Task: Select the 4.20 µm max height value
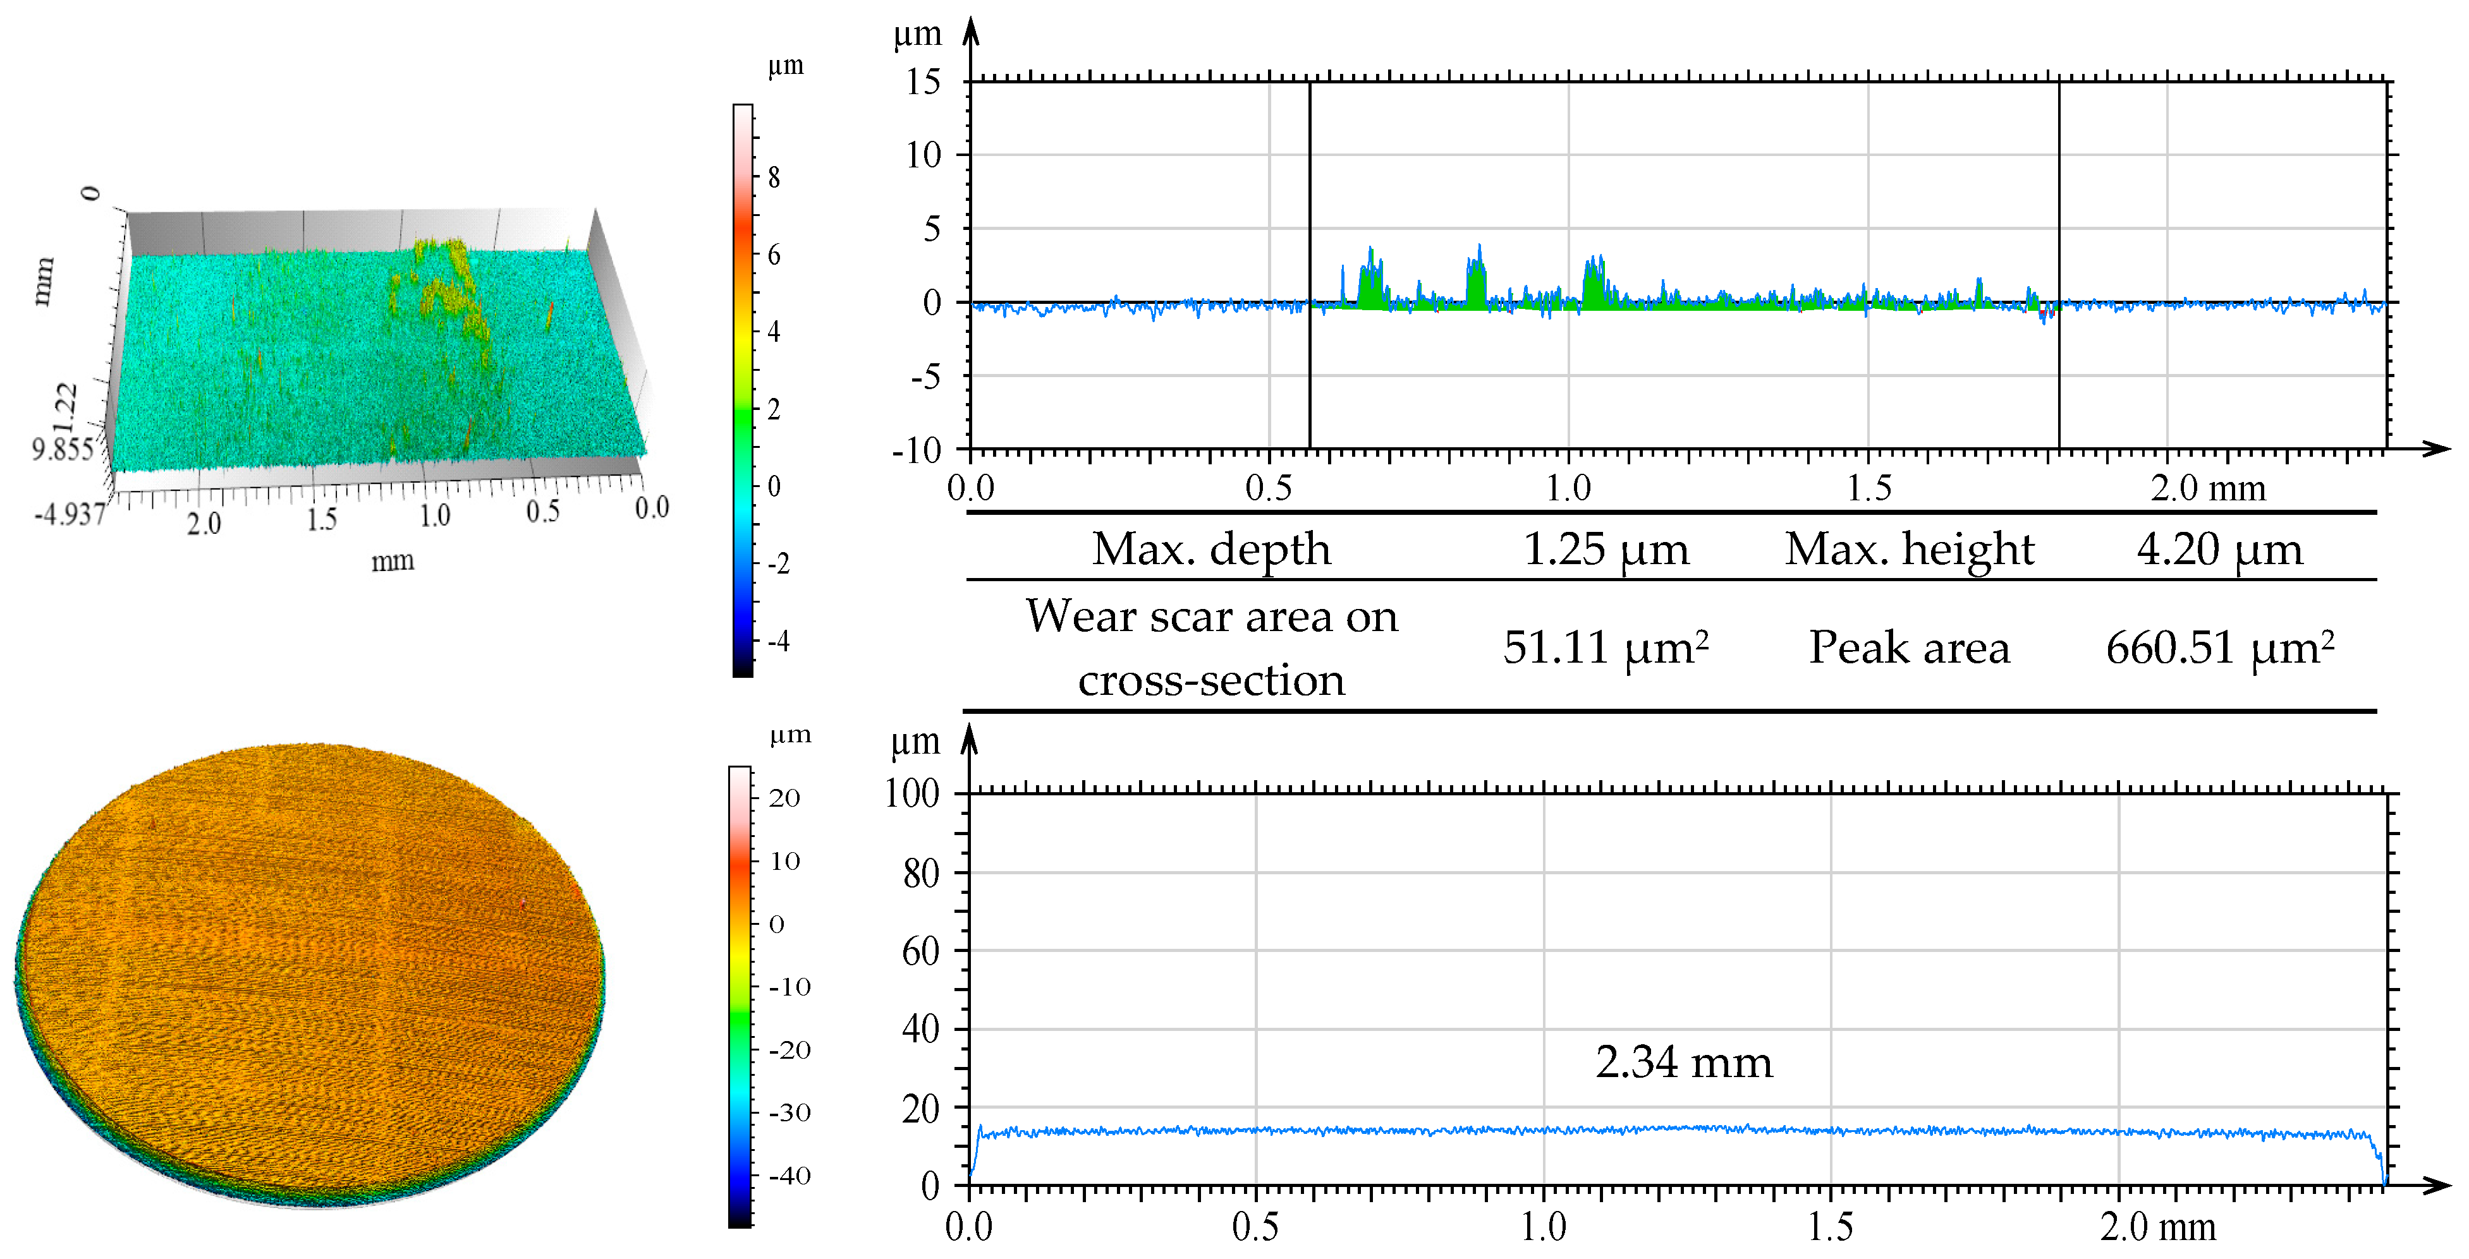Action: [x=2218, y=550]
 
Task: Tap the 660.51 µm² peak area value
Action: [x=2219, y=648]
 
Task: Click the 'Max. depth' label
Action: [x=1212, y=550]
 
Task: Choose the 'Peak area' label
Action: [x=1908, y=648]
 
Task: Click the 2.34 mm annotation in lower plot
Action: [x=1683, y=1063]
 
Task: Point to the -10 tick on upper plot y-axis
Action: [x=917, y=450]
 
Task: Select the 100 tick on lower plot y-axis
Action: [x=911, y=793]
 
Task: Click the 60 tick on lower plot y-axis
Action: [x=920, y=951]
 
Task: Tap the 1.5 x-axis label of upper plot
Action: [x=1869, y=489]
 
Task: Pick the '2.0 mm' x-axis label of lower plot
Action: [x=2157, y=1226]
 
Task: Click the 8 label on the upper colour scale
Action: [x=774, y=178]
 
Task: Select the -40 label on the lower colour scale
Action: [x=789, y=1176]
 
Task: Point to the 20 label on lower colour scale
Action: [x=784, y=798]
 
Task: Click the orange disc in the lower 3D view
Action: [x=307, y=968]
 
